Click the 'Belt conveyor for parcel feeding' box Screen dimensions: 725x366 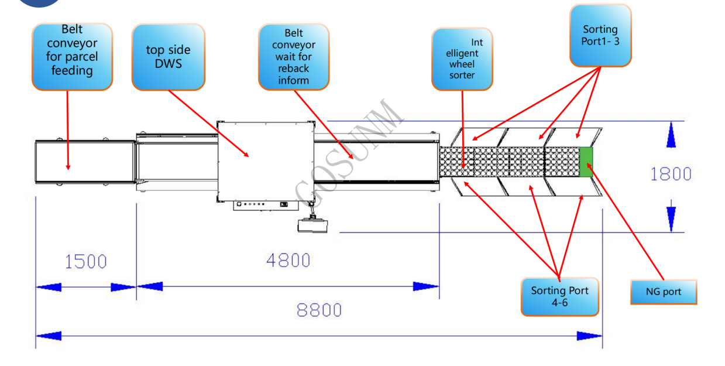72,57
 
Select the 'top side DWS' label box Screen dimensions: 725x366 169,57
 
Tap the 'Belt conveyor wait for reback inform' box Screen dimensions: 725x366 294,57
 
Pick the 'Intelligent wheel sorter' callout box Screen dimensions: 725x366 462,59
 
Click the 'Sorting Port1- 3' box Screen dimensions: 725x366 600,35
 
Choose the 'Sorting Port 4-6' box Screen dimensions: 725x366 560,296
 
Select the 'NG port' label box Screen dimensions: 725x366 664,292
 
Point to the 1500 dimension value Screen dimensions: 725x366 86,261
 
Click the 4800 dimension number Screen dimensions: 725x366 288,261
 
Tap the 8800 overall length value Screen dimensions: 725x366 319,310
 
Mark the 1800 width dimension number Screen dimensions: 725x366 671,174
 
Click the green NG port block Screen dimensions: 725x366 586,162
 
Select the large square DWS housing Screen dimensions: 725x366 266,162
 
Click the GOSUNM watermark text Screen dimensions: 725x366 349,152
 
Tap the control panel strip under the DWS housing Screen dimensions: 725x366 266,206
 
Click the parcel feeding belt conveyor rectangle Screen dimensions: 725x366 85,162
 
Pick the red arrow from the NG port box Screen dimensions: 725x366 626,221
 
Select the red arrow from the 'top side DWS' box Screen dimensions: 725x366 209,124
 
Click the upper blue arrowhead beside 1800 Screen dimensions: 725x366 671,135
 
